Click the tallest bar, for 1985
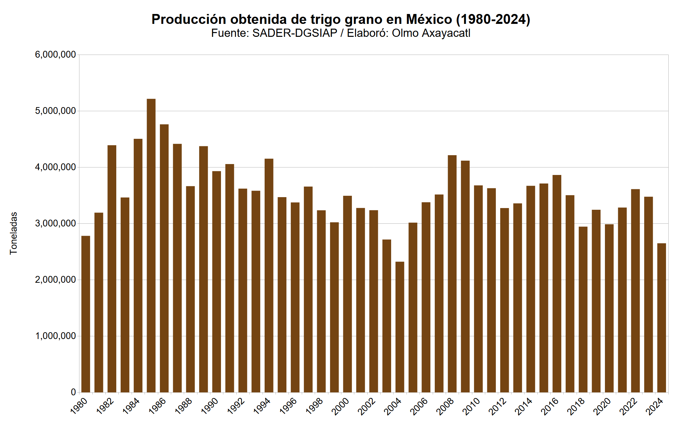151,246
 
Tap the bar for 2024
662,317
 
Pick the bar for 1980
86,314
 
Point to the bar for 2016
557,283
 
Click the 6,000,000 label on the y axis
55,55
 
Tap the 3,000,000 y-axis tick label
55,223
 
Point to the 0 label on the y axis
73,392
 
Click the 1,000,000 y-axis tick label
55,336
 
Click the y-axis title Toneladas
13,233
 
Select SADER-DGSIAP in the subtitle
295,33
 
